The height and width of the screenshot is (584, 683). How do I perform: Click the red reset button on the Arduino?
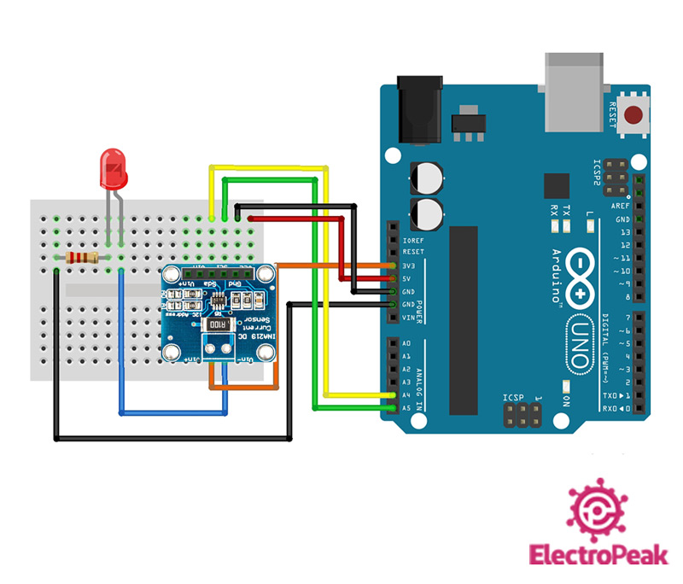click(x=634, y=115)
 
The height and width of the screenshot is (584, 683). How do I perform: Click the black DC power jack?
click(x=419, y=107)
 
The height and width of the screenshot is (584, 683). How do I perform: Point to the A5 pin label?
click(x=406, y=408)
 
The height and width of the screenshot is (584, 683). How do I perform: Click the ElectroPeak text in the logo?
click(x=597, y=555)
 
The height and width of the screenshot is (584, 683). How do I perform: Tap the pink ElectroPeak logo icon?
click(x=598, y=509)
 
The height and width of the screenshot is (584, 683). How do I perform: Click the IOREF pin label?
click(x=412, y=240)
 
